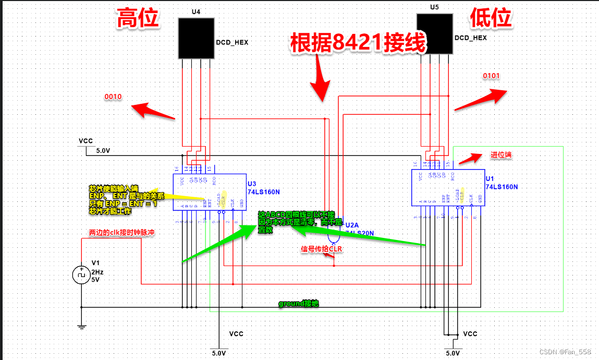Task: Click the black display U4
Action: (196, 38)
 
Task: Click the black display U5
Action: (435, 33)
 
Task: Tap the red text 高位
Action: (138, 19)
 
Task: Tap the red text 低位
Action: (491, 19)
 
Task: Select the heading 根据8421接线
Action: (358, 42)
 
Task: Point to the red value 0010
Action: (113, 97)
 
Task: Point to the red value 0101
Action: (491, 76)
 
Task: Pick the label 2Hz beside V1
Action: (97, 272)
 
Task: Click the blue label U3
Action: (252, 184)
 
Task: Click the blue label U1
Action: (490, 178)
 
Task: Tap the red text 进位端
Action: (501, 155)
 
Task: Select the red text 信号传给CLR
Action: (322, 249)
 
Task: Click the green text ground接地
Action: (298, 303)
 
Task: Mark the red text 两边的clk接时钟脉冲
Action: (122, 233)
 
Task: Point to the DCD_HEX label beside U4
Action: (232, 43)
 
